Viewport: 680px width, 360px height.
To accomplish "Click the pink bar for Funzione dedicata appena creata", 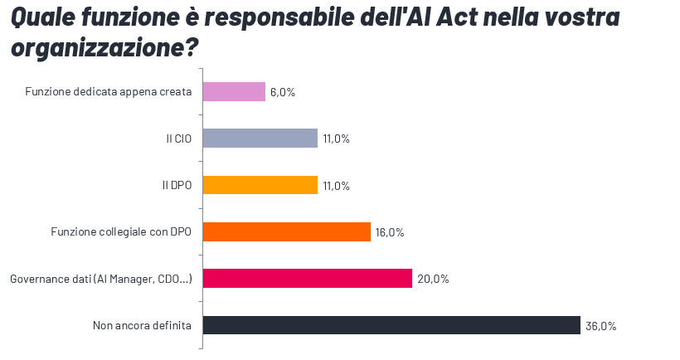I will [234, 92].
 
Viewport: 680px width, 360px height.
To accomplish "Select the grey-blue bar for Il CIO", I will [260, 139].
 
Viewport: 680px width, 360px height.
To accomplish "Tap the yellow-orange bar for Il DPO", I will [260, 185].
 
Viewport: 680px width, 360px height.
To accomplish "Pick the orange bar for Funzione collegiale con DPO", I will [287, 231].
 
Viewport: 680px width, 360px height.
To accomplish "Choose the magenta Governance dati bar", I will [308, 279].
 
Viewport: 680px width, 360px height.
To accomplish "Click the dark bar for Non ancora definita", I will [391, 325].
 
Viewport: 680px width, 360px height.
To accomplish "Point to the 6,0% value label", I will [283, 92].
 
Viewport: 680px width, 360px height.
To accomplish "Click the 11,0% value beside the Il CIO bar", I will [336, 139].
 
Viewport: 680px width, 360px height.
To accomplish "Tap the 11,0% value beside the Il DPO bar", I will [336, 186].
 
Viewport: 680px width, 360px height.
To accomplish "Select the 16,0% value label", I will [390, 232].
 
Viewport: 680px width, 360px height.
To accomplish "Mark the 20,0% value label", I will [433, 279].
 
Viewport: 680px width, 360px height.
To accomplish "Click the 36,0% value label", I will [600, 326].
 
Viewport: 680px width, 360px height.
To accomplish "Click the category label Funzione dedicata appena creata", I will [109, 92].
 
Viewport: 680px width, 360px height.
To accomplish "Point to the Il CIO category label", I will [179, 139].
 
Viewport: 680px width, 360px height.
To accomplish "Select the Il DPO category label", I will [177, 185].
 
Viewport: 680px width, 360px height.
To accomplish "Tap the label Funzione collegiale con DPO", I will [122, 232].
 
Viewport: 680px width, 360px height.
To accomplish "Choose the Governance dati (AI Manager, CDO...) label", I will [101, 279].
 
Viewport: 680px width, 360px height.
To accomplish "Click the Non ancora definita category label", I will [143, 325].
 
